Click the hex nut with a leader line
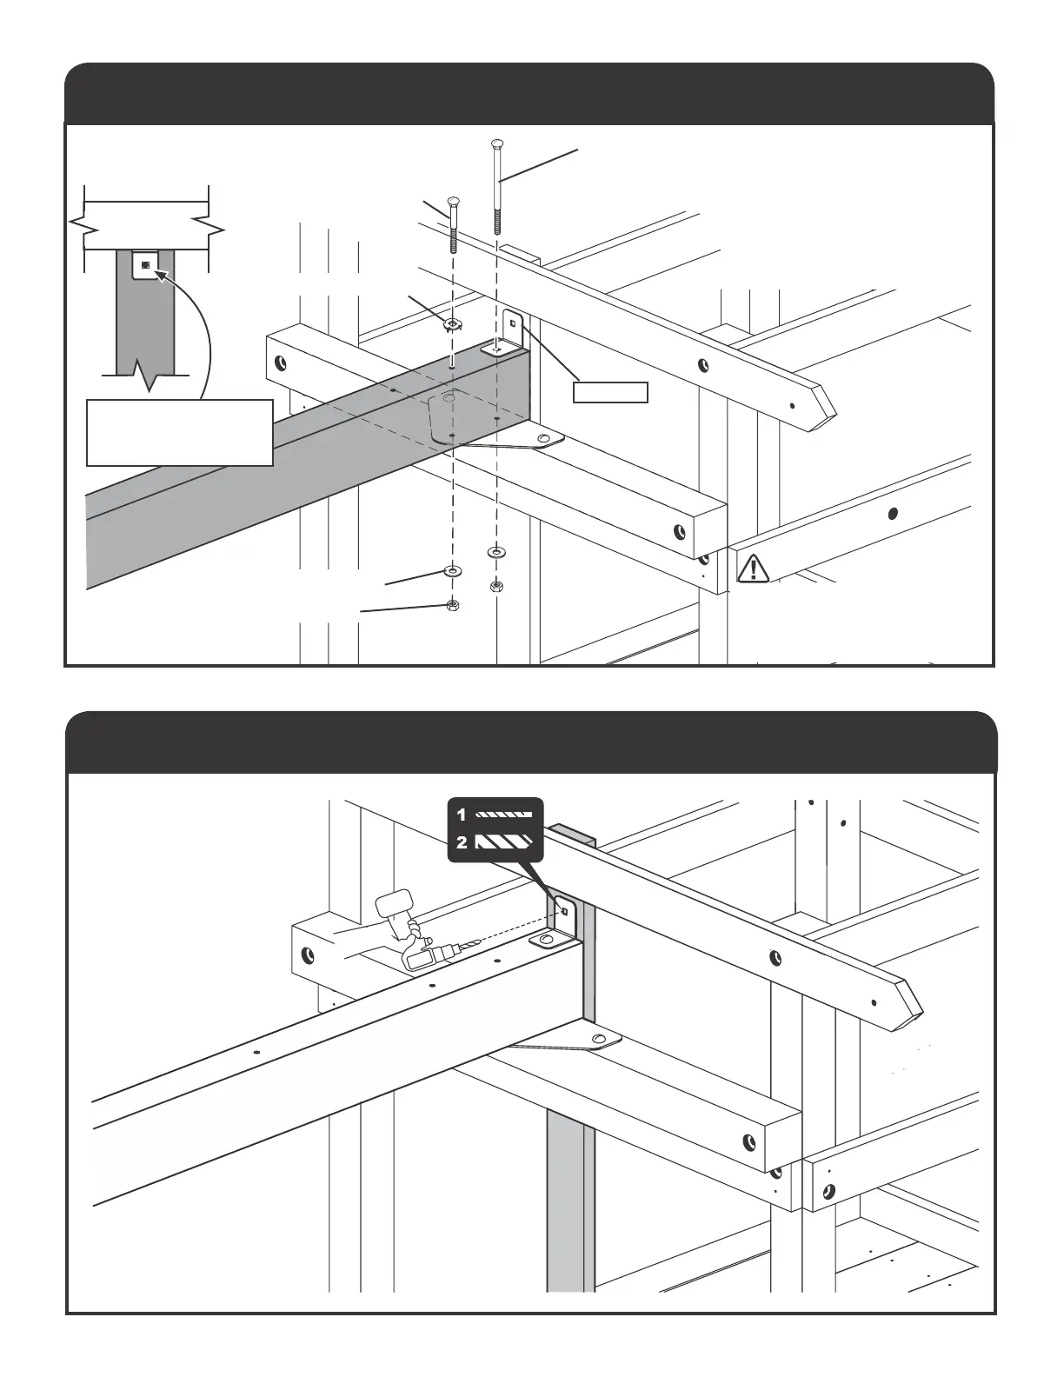pyautogui.click(x=452, y=605)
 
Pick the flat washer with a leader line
pyautogui.click(x=453, y=572)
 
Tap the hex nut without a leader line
pyautogui.click(x=495, y=585)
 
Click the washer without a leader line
pyautogui.click(x=495, y=551)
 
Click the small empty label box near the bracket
pyautogui.click(x=610, y=392)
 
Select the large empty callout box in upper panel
pyautogui.click(x=180, y=432)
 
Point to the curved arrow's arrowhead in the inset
pyautogui.click(x=159, y=275)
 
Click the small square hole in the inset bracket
pyautogui.click(x=145, y=264)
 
